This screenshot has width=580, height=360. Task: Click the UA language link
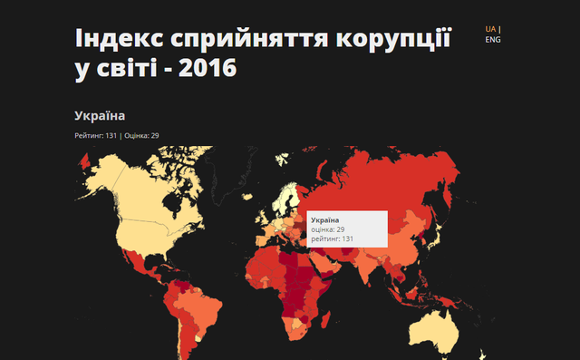(x=490, y=29)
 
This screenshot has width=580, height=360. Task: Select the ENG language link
(x=492, y=40)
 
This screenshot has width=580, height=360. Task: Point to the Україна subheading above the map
(x=100, y=116)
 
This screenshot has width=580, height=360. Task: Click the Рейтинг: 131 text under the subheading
(x=96, y=136)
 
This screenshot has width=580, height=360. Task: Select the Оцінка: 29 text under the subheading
(x=141, y=136)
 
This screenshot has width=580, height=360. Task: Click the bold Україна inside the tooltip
(x=324, y=220)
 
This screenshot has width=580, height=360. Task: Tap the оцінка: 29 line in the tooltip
(x=327, y=229)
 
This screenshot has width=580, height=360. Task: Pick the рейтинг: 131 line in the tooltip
(x=331, y=238)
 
